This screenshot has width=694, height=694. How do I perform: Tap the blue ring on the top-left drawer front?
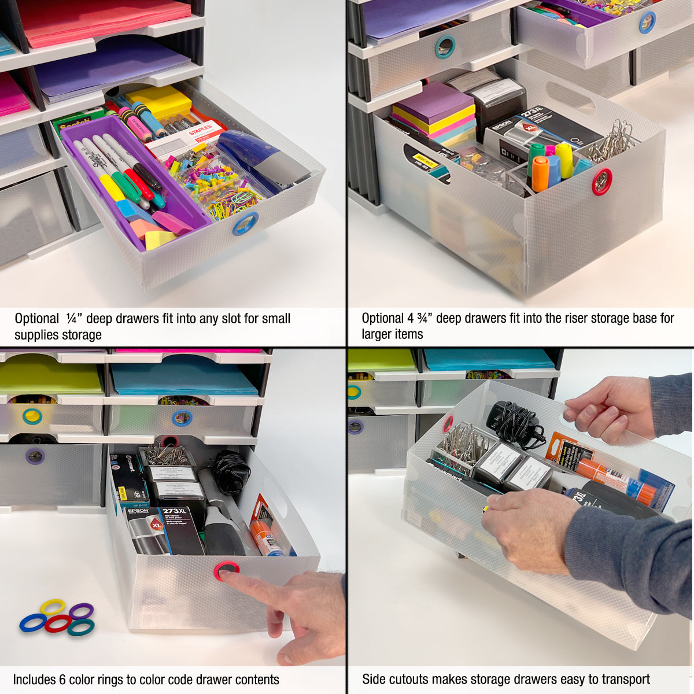pos(245,224)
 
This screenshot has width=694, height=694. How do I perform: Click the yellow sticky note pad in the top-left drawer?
pos(160,102)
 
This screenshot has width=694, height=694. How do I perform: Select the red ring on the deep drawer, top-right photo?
pos(601,181)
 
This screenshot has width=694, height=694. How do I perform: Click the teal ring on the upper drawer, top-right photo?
pos(445,47)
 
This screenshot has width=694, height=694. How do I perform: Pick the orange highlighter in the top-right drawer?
pos(540,174)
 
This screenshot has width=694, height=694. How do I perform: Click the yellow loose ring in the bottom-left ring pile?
pos(52,607)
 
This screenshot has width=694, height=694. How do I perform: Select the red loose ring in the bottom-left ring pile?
pos(57,623)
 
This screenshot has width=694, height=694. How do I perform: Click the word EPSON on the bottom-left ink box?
pos(138,511)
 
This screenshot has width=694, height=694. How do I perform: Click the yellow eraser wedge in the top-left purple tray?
pos(159,238)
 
